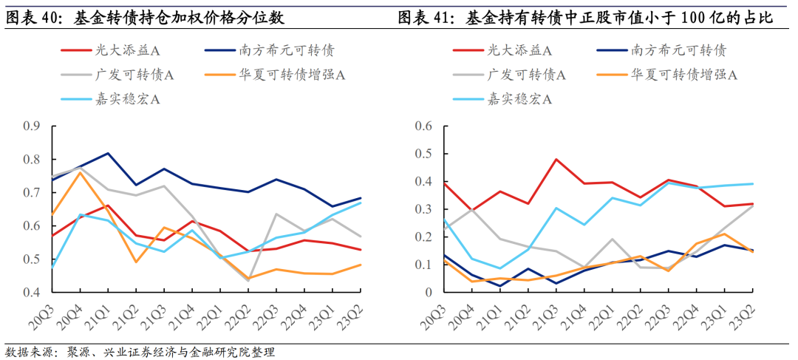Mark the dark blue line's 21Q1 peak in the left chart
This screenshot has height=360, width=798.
(108, 153)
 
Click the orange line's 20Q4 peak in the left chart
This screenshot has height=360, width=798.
(80, 171)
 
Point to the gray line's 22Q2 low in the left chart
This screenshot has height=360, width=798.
(248, 281)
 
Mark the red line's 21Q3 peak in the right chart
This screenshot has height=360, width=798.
(556, 159)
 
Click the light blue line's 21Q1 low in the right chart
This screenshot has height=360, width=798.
(499, 268)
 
